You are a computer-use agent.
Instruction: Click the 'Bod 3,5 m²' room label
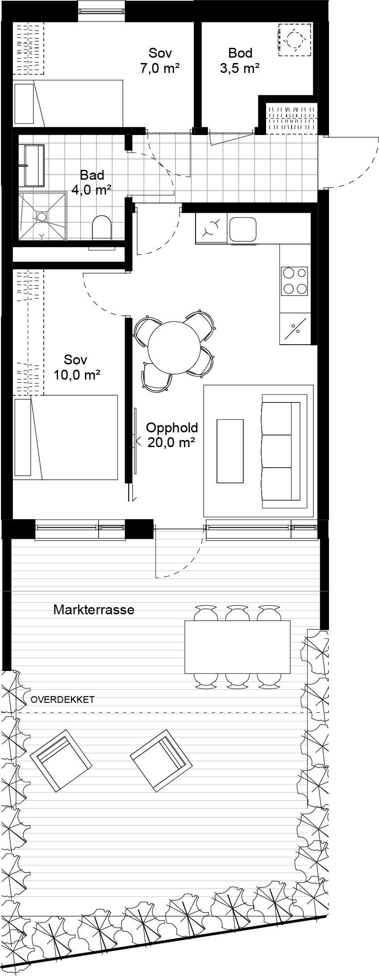(240, 60)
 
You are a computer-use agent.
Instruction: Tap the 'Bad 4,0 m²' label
(92, 182)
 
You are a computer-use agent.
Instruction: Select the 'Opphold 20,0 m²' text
(172, 435)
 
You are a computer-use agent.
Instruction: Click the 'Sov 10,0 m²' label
(76, 367)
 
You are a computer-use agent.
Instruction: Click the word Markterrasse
(94, 609)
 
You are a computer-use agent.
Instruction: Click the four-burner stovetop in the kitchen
(294, 280)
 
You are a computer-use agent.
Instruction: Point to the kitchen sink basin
(242, 228)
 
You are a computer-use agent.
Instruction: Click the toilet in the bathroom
(101, 228)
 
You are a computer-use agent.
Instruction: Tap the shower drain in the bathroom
(42, 217)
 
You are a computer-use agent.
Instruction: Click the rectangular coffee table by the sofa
(230, 451)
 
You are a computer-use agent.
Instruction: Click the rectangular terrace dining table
(237, 647)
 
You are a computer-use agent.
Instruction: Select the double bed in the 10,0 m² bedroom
(66, 437)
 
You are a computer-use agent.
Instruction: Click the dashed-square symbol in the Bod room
(294, 39)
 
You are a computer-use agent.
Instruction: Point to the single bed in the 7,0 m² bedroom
(68, 103)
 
